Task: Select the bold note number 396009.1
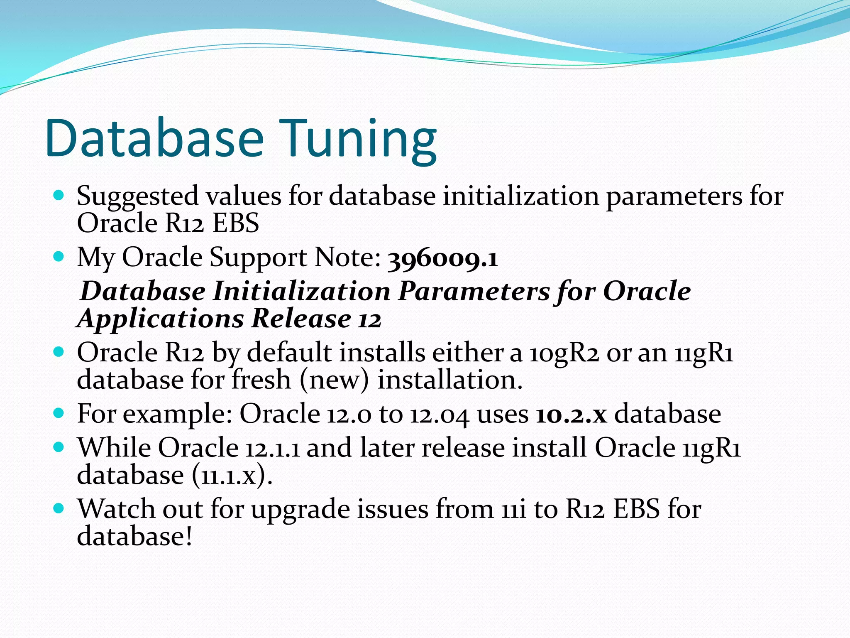pyautogui.click(x=442, y=259)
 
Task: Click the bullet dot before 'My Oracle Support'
pyautogui.click(x=59, y=257)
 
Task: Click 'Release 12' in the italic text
pyautogui.click(x=316, y=319)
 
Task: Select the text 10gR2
pyautogui.click(x=564, y=353)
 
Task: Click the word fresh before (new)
pyautogui.click(x=261, y=380)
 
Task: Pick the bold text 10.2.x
pyautogui.click(x=571, y=415)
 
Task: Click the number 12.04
pyautogui.click(x=440, y=415)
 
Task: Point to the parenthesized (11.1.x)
pyautogui.click(x=232, y=476)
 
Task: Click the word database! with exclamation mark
pyautogui.click(x=135, y=536)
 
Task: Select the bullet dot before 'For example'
pyautogui.click(x=59, y=413)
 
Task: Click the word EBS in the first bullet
pyautogui.click(x=236, y=223)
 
